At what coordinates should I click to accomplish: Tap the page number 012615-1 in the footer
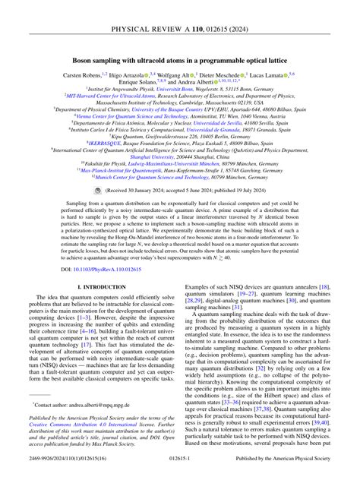click(x=180, y=472)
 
